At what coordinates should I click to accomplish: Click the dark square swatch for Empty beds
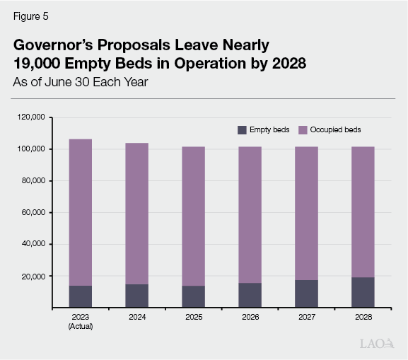(242, 130)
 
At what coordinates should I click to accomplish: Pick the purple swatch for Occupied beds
(303, 130)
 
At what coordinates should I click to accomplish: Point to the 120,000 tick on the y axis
(33, 117)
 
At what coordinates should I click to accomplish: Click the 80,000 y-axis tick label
(34, 180)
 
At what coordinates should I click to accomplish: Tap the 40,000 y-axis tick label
(34, 244)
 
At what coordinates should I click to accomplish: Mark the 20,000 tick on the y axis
(34, 277)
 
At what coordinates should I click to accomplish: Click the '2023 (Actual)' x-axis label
(80, 322)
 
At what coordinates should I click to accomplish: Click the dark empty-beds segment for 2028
(363, 292)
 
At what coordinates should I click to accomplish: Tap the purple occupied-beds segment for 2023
(80, 212)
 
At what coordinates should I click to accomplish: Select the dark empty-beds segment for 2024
(136, 296)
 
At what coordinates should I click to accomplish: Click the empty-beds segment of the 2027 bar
(306, 294)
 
